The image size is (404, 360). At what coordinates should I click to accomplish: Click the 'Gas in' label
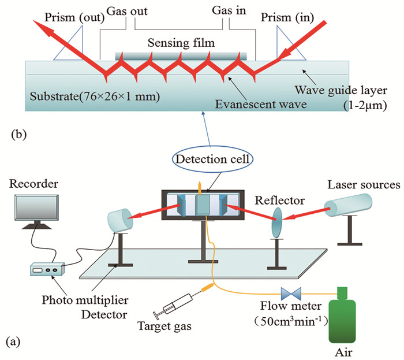tap(228, 10)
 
